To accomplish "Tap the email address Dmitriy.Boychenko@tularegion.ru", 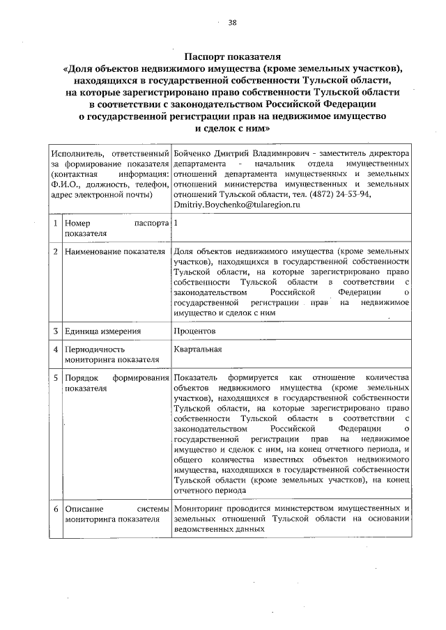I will click(237, 205).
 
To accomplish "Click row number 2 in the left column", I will click(54, 251).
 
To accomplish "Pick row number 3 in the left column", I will click(54, 331).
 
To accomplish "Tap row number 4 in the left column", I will click(54, 349).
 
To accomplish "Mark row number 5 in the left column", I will click(54, 378).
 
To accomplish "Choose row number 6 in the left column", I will click(54, 509).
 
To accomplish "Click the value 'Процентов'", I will click(195, 331).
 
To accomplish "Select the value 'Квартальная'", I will click(198, 349).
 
